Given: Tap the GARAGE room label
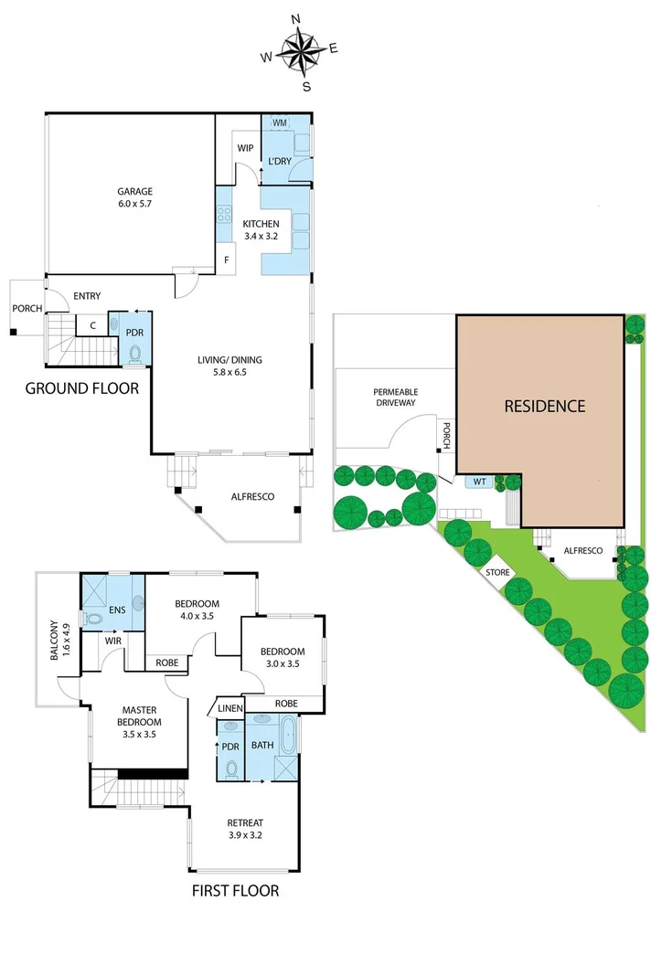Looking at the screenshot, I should coord(133,197).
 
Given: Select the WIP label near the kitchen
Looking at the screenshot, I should coord(245,148).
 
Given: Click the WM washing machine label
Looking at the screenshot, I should coord(280,122).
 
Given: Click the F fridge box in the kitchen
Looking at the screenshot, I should coord(227,260).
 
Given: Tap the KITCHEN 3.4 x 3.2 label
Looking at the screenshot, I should coord(261,229).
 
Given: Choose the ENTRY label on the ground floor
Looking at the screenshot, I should coord(88,295).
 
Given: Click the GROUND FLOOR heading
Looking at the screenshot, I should coord(81,388).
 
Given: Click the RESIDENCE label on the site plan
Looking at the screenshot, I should coord(545,407).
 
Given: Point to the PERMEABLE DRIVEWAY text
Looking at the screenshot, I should coord(395,397).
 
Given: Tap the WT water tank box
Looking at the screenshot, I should coord(479,481).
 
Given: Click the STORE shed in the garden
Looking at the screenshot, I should coord(497,572).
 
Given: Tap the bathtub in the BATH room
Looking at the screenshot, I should coord(289,733).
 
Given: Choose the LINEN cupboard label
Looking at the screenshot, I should coord(229,706).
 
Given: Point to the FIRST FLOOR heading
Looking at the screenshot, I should coord(234,890).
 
